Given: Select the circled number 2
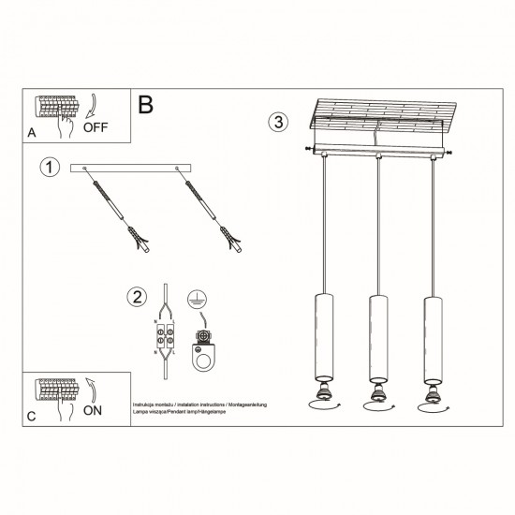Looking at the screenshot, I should pyautogui.click(x=135, y=298).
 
